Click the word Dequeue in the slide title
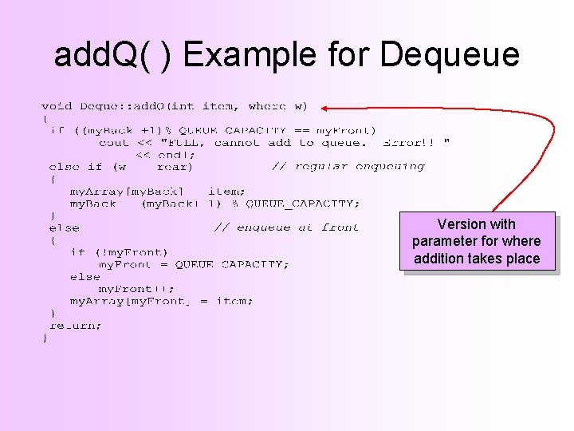[x=450, y=54]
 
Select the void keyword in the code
[x=56, y=105]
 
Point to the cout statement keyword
[x=113, y=143]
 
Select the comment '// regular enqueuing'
[x=348, y=167]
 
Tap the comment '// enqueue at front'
[x=287, y=227]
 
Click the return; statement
[x=76, y=326]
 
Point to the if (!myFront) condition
[x=119, y=252]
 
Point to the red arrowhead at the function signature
[x=327, y=106]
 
